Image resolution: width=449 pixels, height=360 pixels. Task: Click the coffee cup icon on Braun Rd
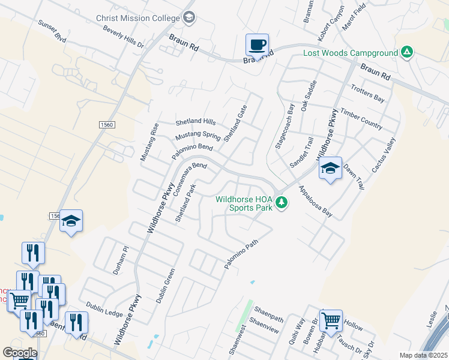257,44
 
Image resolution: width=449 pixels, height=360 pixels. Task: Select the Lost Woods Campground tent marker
407,52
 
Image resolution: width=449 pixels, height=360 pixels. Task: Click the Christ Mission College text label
138,18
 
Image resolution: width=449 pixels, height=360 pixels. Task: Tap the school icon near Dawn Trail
330,169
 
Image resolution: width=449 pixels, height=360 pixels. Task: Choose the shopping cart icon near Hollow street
331,321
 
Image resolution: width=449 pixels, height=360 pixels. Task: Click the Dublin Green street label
166,286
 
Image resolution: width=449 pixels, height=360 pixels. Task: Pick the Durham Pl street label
121,260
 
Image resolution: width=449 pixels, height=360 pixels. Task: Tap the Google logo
19,353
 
